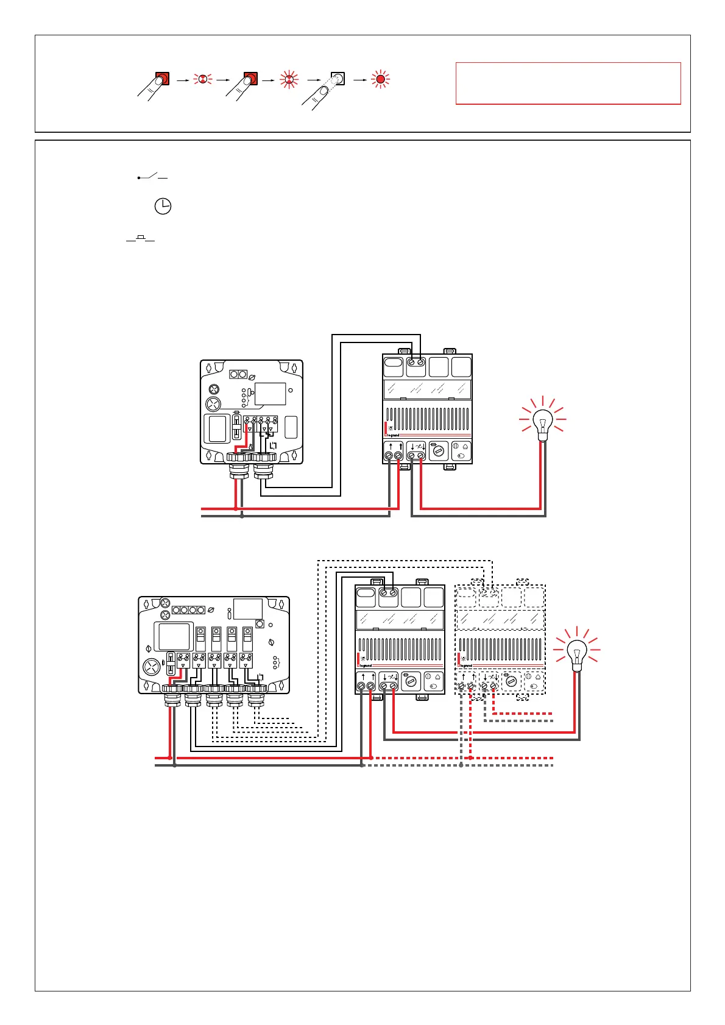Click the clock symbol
[x=163, y=207]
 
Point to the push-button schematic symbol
[x=141, y=239]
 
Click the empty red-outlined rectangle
[x=568, y=83]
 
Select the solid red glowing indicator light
[x=381, y=79]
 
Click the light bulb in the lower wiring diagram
[x=576, y=653]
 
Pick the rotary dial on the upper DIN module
[x=439, y=452]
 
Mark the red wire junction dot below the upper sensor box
[x=236, y=508]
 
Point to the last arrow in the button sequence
[x=361, y=80]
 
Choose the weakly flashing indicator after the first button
[x=202, y=79]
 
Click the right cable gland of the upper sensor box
[x=264, y=463]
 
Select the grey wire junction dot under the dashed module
[x=461, y=765]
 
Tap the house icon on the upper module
[x=465, y=447]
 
